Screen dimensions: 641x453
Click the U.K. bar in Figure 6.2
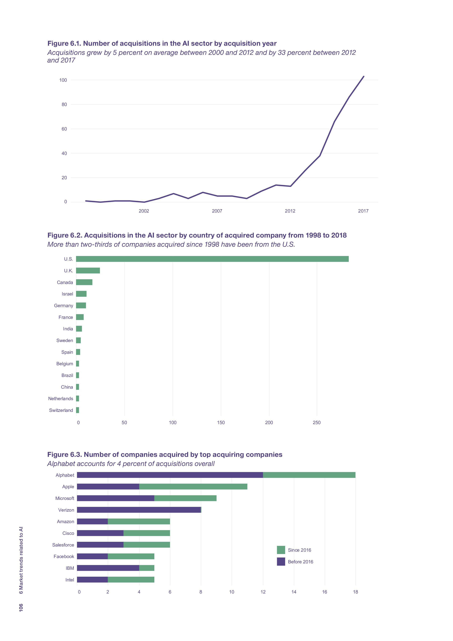tap(88, 271)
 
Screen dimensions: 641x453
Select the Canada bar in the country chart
tap(84, 282)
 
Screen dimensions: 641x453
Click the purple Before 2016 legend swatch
tap(281, 562)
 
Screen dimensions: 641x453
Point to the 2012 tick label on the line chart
tap(290, 211)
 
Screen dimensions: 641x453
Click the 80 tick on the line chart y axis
tap(64, 104)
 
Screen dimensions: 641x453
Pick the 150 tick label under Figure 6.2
tap(221, 423)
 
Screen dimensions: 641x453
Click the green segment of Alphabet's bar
tap(309, 475)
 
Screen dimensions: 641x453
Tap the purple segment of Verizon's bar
tap(139, 510)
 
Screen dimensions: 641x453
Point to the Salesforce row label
tap(63, 545)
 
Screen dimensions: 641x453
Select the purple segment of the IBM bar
tap(108, 568)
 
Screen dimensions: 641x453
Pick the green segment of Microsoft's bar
tap(185, 498)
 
